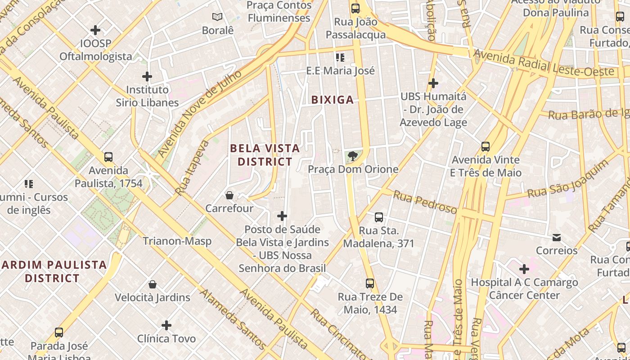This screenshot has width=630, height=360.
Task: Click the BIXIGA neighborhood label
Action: click(333, 100)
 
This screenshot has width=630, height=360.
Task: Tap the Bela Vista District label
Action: click(265, 155)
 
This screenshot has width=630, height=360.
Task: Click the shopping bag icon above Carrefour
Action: click(229, 195)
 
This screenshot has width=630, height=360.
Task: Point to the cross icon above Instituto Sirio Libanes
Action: click(147, 76)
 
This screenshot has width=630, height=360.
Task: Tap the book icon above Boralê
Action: click(217, 17)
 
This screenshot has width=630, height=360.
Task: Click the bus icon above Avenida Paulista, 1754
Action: click(108, 157)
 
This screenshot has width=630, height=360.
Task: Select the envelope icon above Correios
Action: click(557, 237)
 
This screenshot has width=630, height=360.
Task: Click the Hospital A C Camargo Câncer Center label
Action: click(524, 289)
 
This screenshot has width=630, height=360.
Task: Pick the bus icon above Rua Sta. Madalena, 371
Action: click(379, 217)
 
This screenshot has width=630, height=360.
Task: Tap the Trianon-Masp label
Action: click(177, 241)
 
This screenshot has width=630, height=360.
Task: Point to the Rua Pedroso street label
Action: click(425, 202)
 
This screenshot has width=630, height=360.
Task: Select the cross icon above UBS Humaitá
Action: click(433, 83)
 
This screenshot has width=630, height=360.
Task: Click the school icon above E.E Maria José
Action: click(340, 58)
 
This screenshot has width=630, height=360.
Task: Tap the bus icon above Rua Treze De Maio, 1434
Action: click(370, 283)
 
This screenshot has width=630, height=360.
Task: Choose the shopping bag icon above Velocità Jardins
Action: click(153, 284)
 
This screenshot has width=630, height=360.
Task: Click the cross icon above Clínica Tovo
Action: click(166, 325)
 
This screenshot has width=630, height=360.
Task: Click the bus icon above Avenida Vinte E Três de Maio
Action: click(486, 147)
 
